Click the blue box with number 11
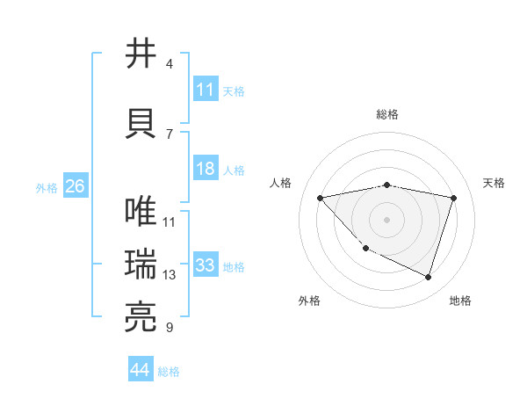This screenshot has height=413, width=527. click(x=206, y=90)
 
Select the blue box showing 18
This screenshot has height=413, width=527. click(x=206, y=170)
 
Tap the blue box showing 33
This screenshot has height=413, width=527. click(x=206, y=266)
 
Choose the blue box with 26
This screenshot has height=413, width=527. click(x=75, y=186)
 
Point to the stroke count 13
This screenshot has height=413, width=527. click(x=170, y=275)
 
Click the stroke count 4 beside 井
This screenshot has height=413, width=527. click(x=169, y=64)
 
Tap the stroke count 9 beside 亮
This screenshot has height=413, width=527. click(x=169, y=328)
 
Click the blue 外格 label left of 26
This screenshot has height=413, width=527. click(x=47, y=187)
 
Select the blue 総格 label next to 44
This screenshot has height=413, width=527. click(x=169, y=371)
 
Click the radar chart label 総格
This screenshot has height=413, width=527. click(x=387, y=114)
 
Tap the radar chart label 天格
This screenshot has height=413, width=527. click(x=495, y=183)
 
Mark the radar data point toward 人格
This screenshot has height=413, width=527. click(x=321, y=198)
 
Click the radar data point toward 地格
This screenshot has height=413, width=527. click(x=428, y=278)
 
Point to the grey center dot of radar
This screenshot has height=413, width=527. click(x=387, y=220)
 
